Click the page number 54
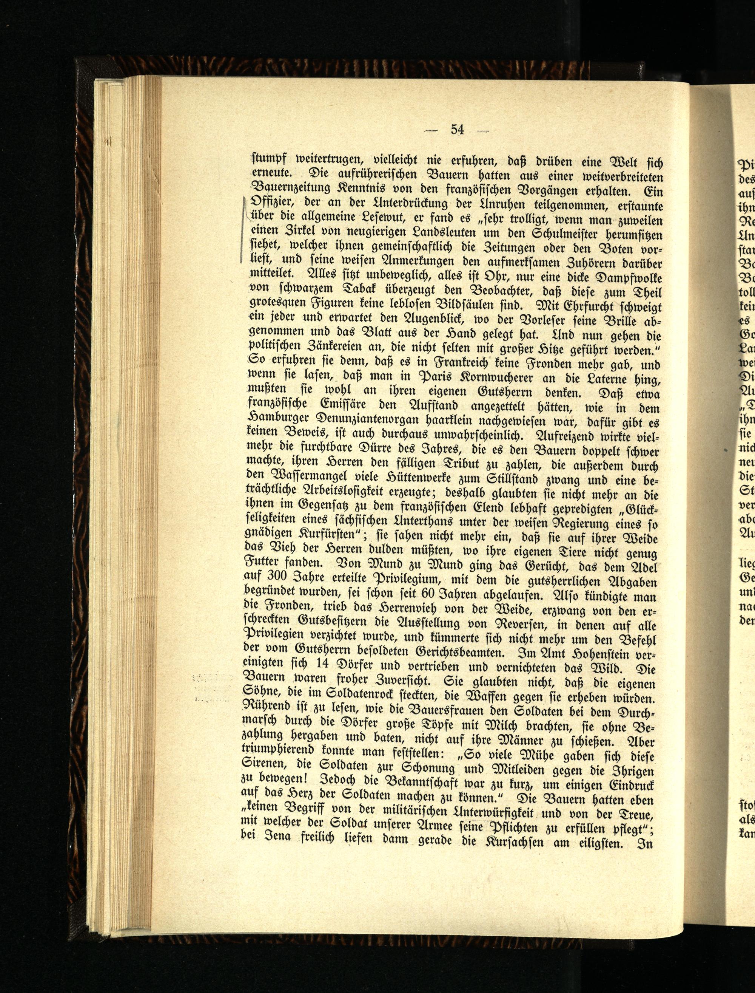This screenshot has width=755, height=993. click(x=457, y=130)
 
